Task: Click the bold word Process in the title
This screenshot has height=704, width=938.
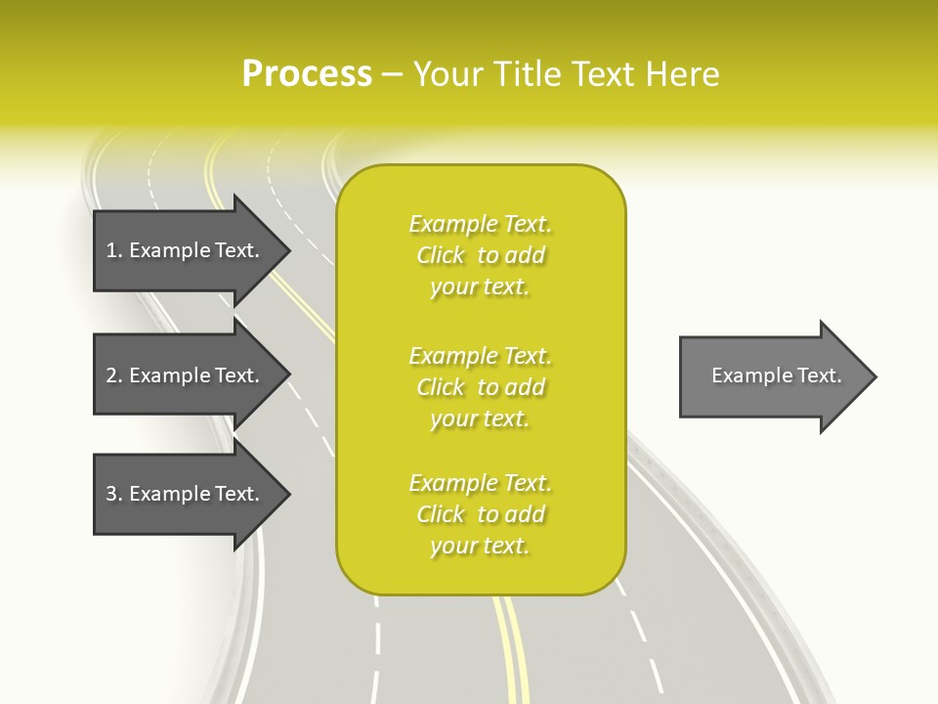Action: point(307,74)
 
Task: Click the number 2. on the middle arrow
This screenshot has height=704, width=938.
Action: point(114,375)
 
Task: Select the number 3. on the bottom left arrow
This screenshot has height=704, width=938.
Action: point(114,494)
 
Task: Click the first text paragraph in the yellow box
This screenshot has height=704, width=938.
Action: point(480,255)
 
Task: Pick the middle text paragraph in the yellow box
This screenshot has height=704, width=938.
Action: point(480,387)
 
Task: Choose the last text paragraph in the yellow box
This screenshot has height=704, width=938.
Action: point(480,514)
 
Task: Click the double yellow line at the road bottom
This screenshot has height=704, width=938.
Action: point(511,650)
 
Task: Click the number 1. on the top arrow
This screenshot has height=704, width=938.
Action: point(114,250)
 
